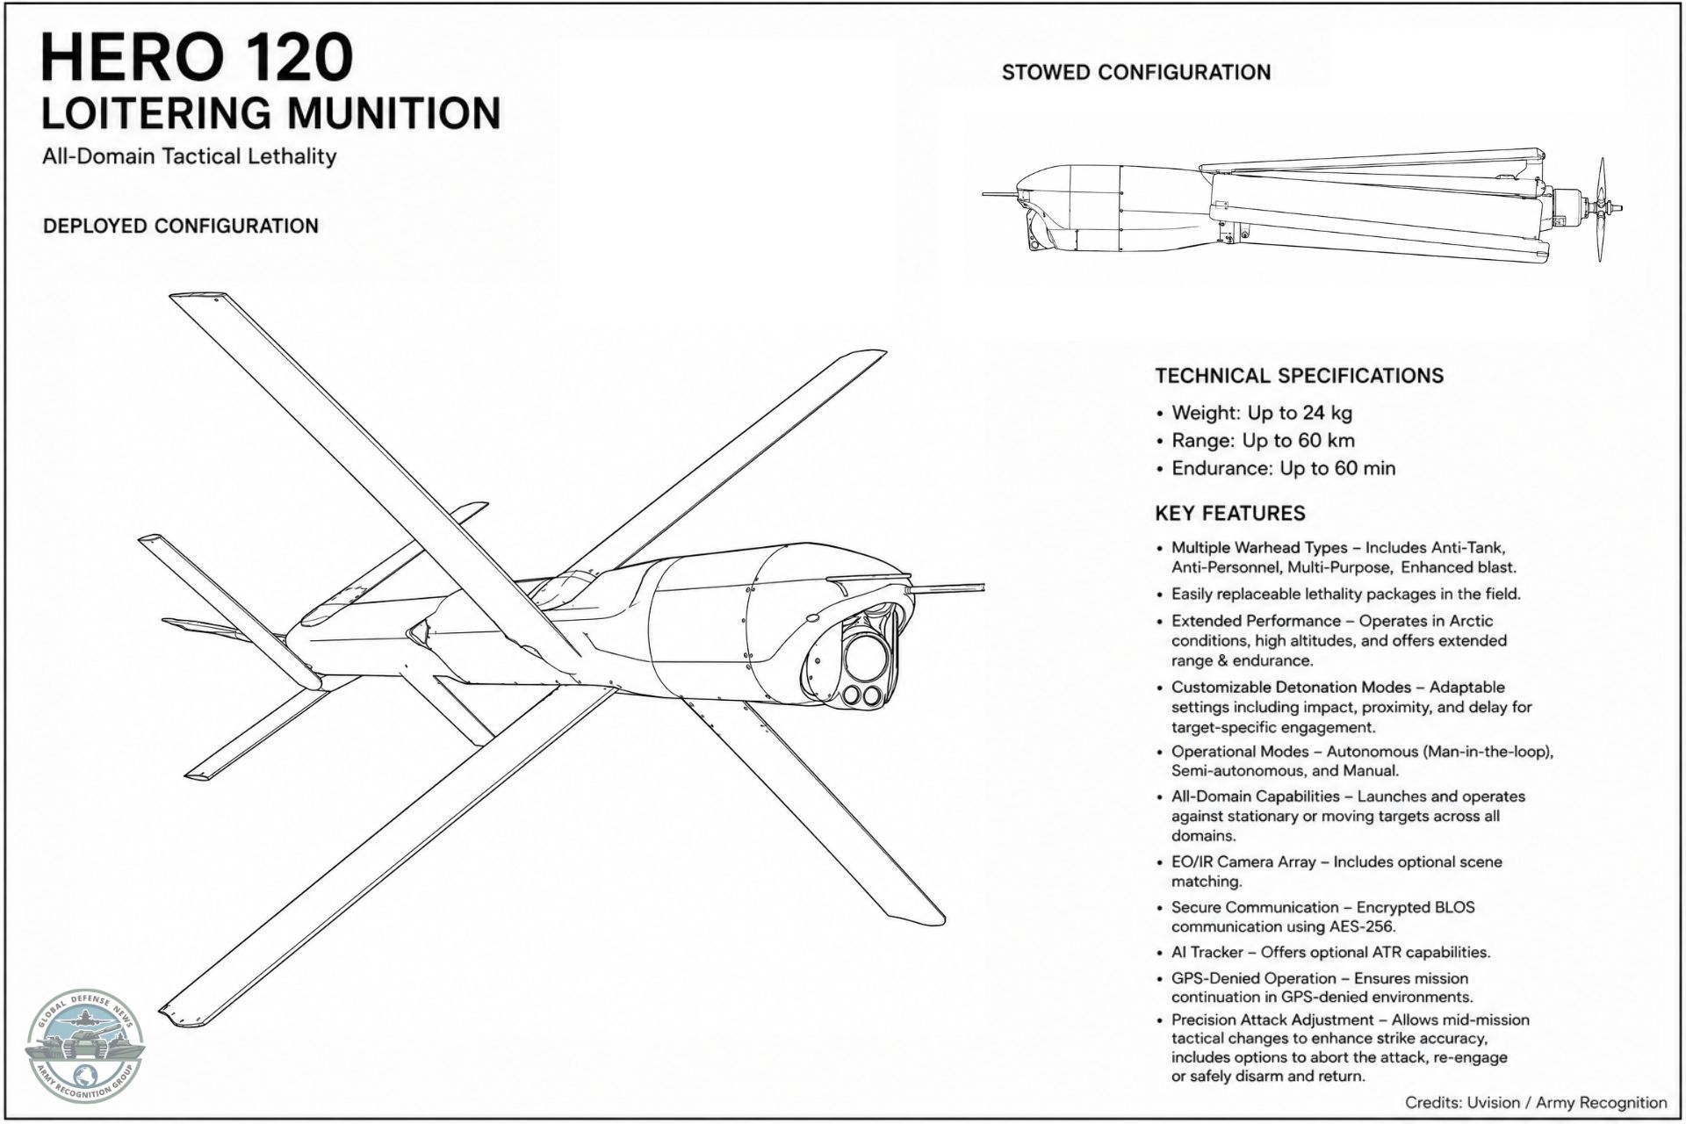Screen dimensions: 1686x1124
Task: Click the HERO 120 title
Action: [x=197, y=57]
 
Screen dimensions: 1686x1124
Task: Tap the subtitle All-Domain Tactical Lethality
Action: [x=190, y=156]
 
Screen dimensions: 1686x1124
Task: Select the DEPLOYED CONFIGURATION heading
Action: [x=181, y=226]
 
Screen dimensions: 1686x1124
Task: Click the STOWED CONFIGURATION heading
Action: [x=1136, y=72]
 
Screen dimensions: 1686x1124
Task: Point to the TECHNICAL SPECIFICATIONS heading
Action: [x=1300, y=376]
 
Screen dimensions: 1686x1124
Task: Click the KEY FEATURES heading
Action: [x=1230, y=514]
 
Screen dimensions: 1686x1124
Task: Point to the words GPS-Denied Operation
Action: [x=1254, y=978]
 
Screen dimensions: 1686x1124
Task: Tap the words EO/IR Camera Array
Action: [x=1243, y=861]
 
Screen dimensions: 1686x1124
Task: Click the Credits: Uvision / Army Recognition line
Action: [x=1536, y=1103]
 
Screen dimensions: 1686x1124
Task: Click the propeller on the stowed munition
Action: [x=1603, y=210]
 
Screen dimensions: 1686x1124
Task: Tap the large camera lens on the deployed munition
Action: [x=867, y=655]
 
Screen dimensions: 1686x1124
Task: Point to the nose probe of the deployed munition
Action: [x=949, y=586]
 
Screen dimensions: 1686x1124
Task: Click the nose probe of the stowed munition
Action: [x=999, y=193]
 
